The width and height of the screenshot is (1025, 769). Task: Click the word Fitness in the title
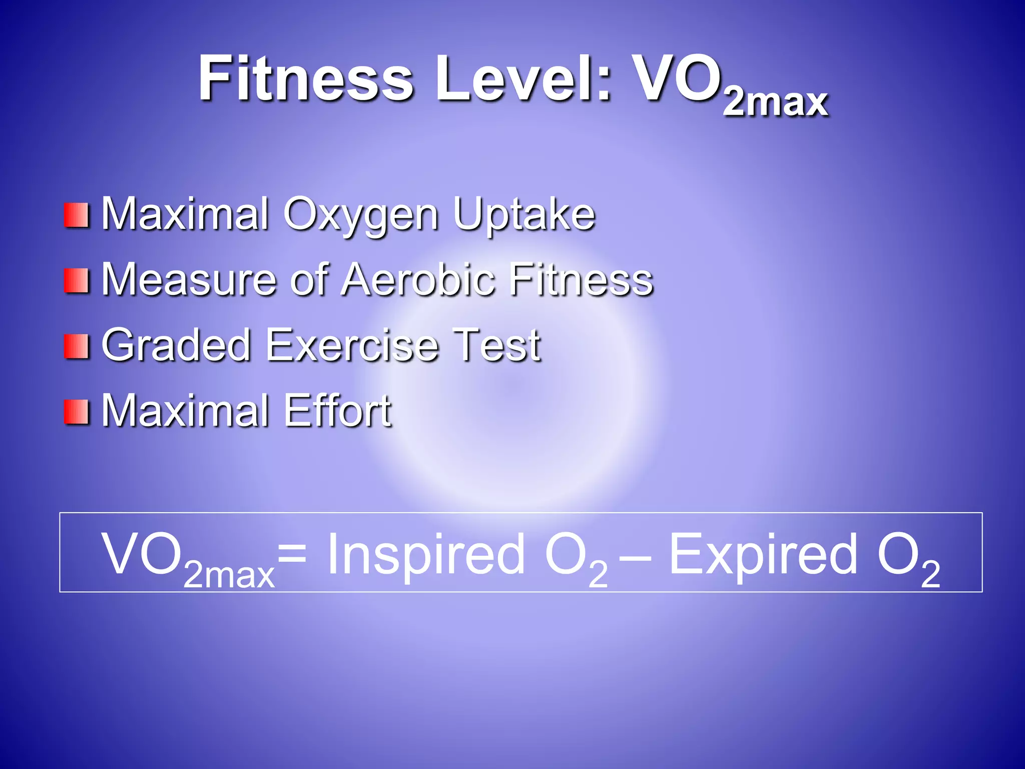[306, 79]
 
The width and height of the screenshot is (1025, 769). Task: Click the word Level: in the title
[524, 79]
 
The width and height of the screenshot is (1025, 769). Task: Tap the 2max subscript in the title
[775, 103]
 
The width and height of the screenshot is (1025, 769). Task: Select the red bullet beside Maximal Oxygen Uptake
[77, 215]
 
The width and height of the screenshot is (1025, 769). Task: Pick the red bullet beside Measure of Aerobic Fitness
[77, 281]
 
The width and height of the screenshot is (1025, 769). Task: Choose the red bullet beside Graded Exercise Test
[77, 346]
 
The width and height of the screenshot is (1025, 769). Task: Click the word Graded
[176, 345]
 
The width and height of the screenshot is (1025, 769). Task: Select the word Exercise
[352, 345]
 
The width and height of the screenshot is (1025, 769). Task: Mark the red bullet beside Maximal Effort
[77, 412]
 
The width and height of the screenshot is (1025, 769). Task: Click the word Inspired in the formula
[425, 554]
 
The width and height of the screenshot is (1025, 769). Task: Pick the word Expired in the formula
[763, 554]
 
